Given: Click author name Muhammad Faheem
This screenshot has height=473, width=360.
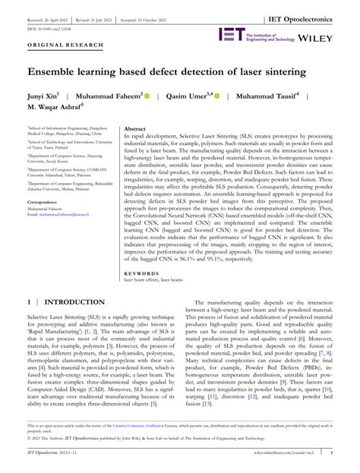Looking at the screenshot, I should tap(109, 96).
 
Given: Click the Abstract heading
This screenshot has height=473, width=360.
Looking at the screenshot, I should tap(134, 131).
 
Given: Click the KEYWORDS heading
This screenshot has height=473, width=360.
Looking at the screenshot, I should tap(141, 251).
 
